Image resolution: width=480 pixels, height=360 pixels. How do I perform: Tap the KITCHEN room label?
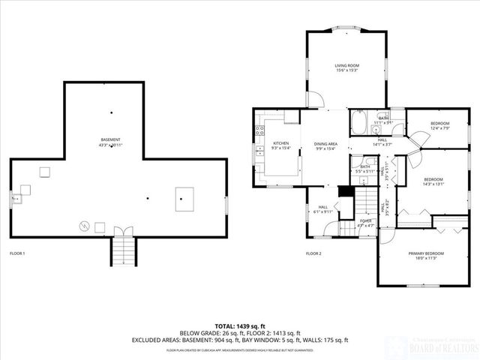click(280, 143)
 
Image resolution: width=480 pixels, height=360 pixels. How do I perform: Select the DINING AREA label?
click(325, 143)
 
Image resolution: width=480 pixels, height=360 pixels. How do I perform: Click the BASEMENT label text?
click(111, 140)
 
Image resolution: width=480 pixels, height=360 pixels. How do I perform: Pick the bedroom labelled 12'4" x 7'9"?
click(439, 124)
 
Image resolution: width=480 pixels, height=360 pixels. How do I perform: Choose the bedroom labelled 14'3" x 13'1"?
click(433, 180)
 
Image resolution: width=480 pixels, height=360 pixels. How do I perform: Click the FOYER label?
click(366, 221)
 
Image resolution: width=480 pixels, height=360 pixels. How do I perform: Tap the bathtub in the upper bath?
click(357, 121)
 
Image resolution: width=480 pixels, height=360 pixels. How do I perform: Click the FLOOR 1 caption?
click(17, 253)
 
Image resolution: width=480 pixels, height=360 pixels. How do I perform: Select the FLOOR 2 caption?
click(313, 253)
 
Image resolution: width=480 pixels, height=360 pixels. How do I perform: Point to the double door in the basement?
click(123, 229)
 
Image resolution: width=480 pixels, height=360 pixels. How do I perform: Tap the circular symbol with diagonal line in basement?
click(85, 224)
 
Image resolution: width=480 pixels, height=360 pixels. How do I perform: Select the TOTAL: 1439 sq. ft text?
click(240, 326)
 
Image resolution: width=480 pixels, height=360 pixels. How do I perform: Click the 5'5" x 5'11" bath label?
click(364, 169)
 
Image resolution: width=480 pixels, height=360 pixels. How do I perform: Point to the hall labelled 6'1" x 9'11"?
click(323, 209)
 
